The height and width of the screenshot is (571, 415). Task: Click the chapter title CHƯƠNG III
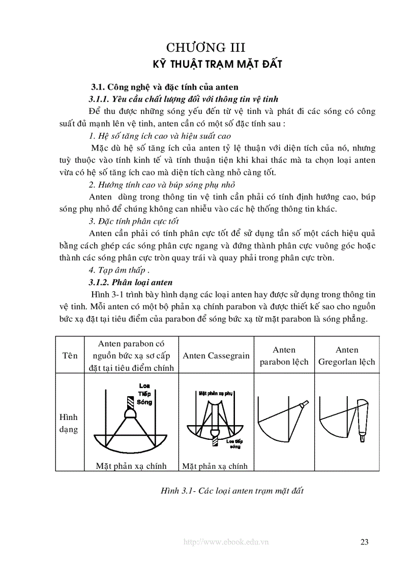pyautogui.click(x=207, y=48)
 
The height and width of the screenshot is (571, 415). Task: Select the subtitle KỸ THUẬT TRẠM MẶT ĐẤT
pyautogui.click(x=218, y=64)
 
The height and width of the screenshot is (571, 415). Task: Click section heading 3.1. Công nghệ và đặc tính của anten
pyautogui.click(x=165, y=87)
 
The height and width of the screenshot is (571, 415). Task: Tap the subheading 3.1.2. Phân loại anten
pyautogui.click(x=131, y=282)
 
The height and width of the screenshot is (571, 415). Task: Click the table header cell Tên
pyautogui.click(x=70, y=355)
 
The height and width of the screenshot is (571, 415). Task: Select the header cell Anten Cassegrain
pyautogui.click(x=216, y=355)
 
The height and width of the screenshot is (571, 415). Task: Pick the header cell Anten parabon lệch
pyautogui.click(x=284, y=355)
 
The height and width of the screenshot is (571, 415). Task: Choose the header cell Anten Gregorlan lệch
pyautogui.click(x=347, y=355)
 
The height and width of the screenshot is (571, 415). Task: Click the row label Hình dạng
pyautogui.click(x=69, y=423)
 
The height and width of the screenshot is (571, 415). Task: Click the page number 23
pyautogui.click(x=364, y=542)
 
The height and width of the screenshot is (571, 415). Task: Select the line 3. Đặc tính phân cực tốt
pyautogui.click(x=134, y=221)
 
